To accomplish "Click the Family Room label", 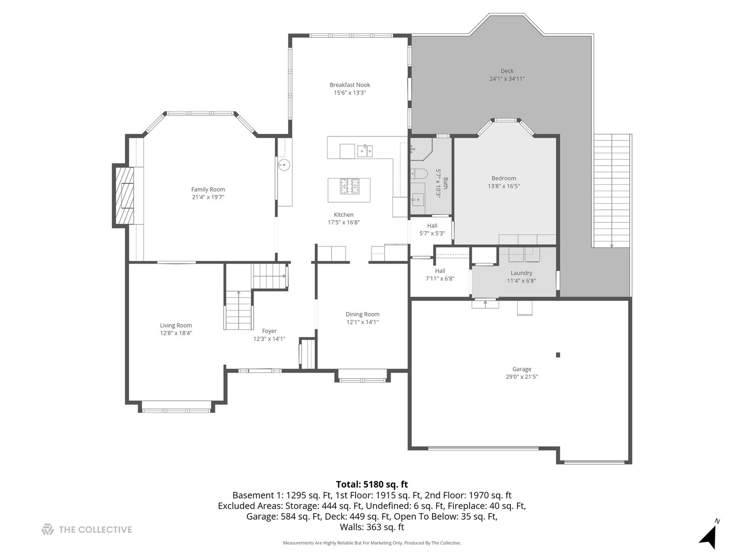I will (x=208, y=190).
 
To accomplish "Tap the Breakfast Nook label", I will (x=350, y=85).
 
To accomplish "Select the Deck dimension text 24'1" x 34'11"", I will (x=507, y=79).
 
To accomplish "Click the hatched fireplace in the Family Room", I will (x=124, y=195).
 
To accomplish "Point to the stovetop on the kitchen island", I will (x=349, y=186).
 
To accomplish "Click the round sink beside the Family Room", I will (x=284, y=165).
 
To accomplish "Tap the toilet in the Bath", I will (x=417, y=174).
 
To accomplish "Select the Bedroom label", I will (x=504, y=178).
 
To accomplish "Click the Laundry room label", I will (x=521, y=273).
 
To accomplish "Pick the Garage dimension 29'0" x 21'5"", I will (x=522, y=377).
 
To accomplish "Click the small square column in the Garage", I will (x=558, y=355).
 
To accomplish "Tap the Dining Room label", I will (x=362, y=314).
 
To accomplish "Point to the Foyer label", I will (x=269, y=331).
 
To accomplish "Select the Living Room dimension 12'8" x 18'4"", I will (x=176, y=333).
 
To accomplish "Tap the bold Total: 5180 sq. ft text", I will (x=371, y=485).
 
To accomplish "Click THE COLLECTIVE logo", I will (x=87, y=530).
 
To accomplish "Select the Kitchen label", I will (x=344, y=215).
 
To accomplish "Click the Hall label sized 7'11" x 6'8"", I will (x=440, y=271).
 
